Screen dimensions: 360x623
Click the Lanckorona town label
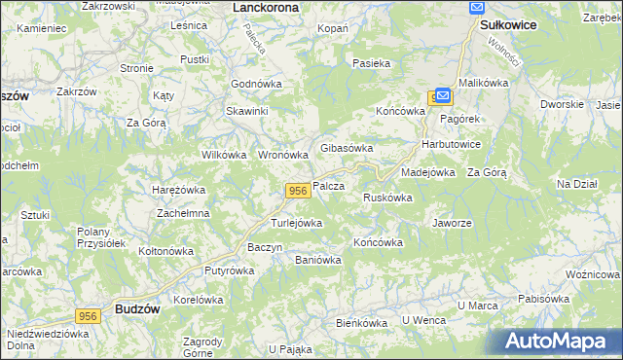pyautogui.click(x=267, y=7)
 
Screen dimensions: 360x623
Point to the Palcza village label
pyautogui.click(x=329, y=186)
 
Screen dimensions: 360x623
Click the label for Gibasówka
pyautogui.click(x=348, y=148)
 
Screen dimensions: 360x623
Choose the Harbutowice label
pyautogui.click(x=451, y=144)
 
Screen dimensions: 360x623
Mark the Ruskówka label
pyautogui.click(x=387, y=198)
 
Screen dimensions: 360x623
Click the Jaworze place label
pyautogui.click(x=452, y=222)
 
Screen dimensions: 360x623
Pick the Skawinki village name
pyautogui.click(x=247, y=111)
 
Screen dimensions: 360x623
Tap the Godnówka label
pyautogui.click(x=256, y=84)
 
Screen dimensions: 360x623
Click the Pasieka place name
pyautogui.click(x=372, y=63)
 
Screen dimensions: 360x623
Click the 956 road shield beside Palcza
pyautogui.click(x=298, y=189)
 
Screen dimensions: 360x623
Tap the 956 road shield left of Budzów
pyautogui.click(x=89, y=315)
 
